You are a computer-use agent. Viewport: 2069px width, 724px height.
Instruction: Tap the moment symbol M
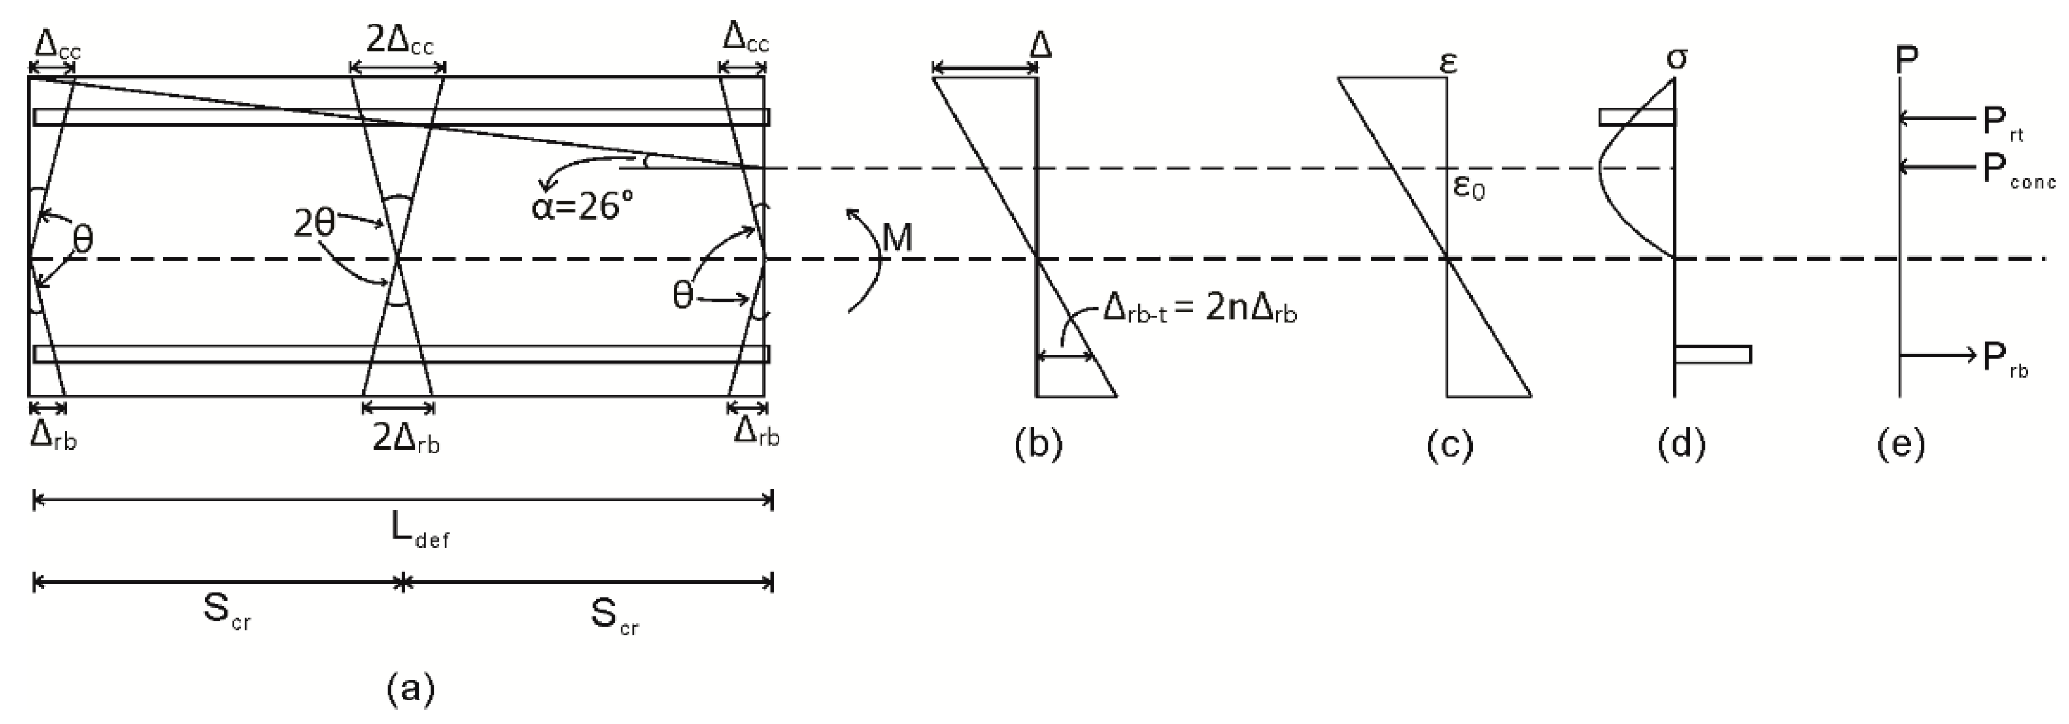click(897, 238)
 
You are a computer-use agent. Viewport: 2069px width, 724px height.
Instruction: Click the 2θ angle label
click(314, 224)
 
